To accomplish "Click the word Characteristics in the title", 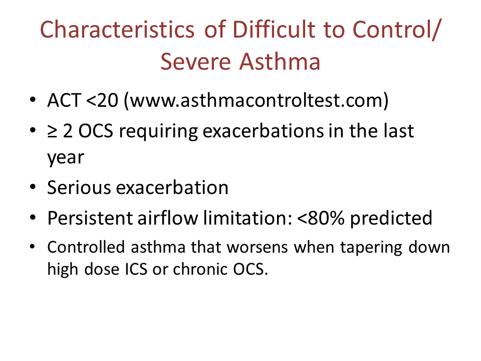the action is coord(117,30).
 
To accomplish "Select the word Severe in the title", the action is coord(195,62).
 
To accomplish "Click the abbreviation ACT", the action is coord(64,100).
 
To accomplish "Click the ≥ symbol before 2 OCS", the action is coord(52,131).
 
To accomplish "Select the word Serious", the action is coord(79,188).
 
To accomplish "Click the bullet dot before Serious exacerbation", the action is coord(33,187).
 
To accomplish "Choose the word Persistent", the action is coord(90,218).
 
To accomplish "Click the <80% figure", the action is coord(321,218).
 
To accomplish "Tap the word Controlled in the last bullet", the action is coord(86,247).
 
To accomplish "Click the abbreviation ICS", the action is coord(136,269).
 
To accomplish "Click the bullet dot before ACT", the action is coord(33,100).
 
